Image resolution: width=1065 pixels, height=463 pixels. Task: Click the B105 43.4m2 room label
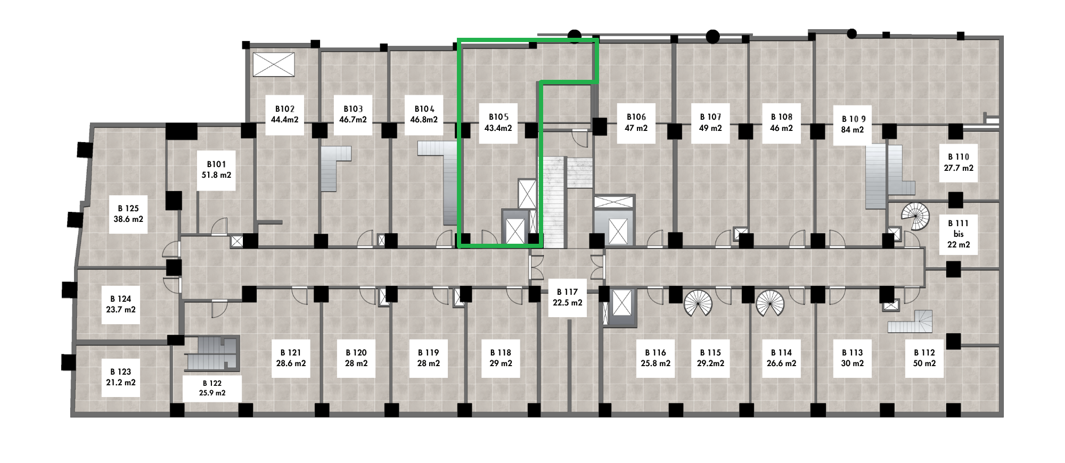498,122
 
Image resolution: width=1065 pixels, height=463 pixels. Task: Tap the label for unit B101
215,169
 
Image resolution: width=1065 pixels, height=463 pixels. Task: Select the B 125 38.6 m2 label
128,213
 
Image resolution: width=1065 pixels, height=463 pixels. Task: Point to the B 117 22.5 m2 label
567,297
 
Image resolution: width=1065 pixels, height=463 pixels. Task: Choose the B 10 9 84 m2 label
853,125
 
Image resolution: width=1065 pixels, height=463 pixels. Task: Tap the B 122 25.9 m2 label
212,388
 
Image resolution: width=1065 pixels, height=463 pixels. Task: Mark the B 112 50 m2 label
924,358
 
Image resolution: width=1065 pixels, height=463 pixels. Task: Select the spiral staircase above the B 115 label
698,303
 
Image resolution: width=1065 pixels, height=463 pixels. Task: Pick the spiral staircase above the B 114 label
769,303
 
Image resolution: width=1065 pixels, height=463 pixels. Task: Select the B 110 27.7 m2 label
958,162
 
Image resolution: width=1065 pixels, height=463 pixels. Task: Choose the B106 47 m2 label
636,122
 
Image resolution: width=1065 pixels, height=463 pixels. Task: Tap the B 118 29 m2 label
500,358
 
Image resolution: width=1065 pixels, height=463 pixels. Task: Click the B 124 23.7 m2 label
121,304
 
